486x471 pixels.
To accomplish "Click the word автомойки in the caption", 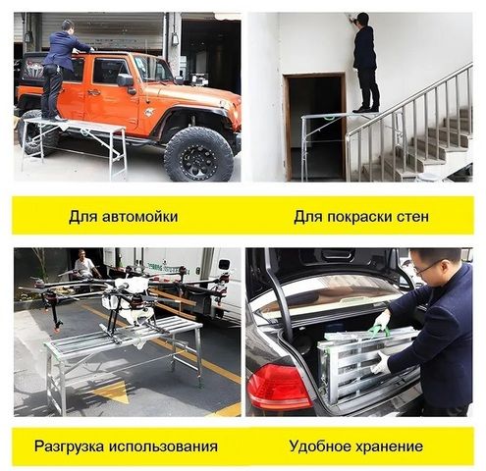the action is [x=140, y=217].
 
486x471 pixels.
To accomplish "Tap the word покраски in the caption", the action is [x=360, y=217].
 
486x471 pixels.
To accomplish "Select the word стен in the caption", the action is [x=413, y=217].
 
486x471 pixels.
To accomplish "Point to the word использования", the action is [x=163, y=446].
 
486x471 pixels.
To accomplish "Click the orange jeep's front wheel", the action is [x=198, y=154].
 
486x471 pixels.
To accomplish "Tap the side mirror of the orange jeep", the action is [x=126, y=80].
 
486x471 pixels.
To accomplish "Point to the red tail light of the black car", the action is [x=278, y=387].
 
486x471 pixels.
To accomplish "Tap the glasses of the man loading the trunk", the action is [x=425, y=269].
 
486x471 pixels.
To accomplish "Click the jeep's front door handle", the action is [x=93, y=92].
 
